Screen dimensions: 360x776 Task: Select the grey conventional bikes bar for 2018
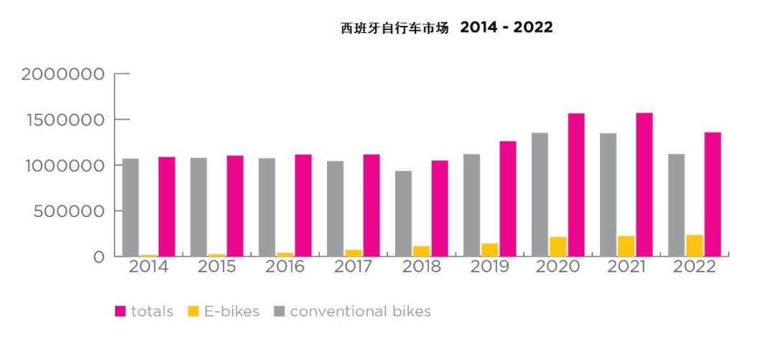(x=403, y=213)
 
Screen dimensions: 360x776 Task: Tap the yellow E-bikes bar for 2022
(x=694, y=246)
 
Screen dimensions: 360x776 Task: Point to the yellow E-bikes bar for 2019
(x=490, y=249)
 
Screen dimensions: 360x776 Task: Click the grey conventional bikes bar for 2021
(x=608, y=195)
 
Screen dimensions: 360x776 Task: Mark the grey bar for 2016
(x=267, y=207)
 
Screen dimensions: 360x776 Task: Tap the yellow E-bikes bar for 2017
(x=354, y=252)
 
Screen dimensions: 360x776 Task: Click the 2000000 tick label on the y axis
(x=63, y=74)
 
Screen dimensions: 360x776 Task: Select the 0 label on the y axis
(x=98, y=257)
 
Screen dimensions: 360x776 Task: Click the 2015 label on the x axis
(x=216, y=267)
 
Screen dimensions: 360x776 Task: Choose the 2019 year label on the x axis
(x=489, y=267)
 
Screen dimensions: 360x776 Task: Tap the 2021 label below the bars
(x=626, y=267)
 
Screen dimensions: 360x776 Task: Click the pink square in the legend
(x=121, y=312)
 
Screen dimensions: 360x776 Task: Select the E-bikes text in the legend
(x=231, y=312)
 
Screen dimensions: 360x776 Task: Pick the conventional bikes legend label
(x=360, y=312)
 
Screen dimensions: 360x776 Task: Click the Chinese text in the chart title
(x=394, y=29)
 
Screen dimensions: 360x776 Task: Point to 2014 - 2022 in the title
(x=506, y=27)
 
